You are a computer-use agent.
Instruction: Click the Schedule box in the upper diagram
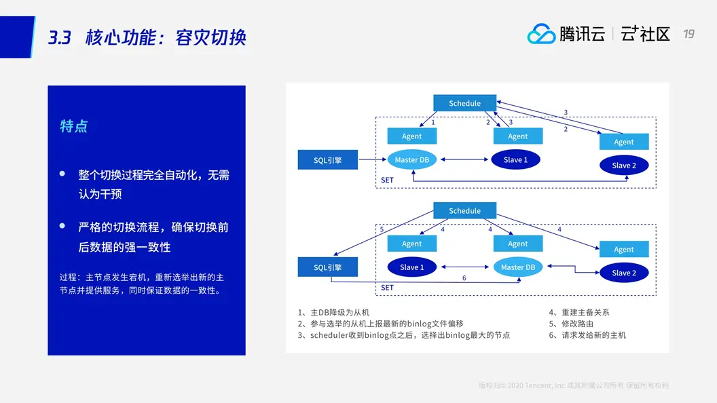[x=464, y=103]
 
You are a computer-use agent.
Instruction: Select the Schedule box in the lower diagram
[x=464, y=210]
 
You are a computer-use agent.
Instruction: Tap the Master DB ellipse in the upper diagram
[x=412, y=160]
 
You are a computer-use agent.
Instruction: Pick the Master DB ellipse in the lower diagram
[x=518, y=267]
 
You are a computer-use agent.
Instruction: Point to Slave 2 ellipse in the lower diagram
[x=624, y=273]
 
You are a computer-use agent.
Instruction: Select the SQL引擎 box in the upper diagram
[x=328, y=160]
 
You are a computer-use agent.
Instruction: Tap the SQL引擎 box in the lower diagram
[x=328, y=267]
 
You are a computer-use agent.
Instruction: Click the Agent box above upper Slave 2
[x=624, y=142]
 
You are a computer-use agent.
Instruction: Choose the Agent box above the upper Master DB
[x=412, y=136]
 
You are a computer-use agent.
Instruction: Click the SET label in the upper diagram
[x=387, y=180]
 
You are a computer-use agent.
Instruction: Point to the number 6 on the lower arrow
[x=464, y=278]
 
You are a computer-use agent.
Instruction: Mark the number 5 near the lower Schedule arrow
[x=382, y=230]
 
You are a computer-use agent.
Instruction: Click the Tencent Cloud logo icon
[x=541, y=34]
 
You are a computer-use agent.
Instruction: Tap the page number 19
[x=688, y=34]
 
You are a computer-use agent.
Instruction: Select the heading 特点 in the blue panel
[x=74, y=126]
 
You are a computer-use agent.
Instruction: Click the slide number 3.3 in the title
[x=60, y=37]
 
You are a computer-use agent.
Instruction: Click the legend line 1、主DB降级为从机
[x=333, y=312]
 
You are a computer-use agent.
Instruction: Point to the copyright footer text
[x=574, y=385]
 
